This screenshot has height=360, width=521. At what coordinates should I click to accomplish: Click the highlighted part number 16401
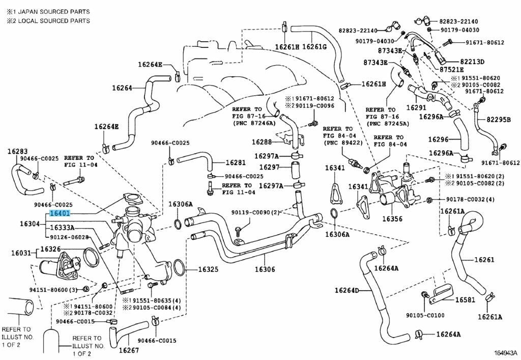[x=60, y=214]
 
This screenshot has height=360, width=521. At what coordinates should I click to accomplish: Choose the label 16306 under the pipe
[x=265, y=269]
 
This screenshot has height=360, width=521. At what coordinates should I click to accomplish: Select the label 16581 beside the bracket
[x=465, y=300]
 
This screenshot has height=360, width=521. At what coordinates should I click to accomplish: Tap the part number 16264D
[x=346, y=290]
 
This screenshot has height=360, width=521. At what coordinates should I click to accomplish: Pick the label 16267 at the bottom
[x=129, y=350]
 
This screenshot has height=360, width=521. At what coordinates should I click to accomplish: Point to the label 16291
[x=416, y=108]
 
